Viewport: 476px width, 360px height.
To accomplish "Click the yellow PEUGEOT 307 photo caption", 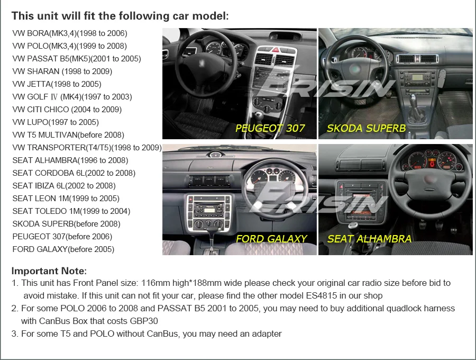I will coord(270,128).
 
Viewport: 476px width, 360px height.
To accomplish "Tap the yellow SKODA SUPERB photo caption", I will coord(366,128).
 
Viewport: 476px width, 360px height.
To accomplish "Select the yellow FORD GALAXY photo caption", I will coord(271,239).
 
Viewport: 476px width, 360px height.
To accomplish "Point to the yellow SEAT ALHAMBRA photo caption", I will coord(369,239).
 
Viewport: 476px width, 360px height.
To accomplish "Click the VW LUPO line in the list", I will coord(56,122).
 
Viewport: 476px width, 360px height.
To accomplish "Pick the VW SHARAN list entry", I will coord(62,71).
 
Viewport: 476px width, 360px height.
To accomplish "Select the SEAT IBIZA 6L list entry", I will coord(64,186).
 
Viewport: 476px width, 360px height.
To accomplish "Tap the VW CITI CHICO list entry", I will coord(67,110).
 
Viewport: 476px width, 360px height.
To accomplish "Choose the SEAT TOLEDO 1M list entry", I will coord(71,211).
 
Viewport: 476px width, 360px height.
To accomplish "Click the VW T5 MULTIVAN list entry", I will coord(68,135).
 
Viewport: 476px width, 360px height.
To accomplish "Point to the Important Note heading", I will coord(49,271).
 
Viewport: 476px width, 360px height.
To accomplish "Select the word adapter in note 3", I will coord(266,334).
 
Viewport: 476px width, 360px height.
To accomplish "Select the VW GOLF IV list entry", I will coord(72,97).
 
